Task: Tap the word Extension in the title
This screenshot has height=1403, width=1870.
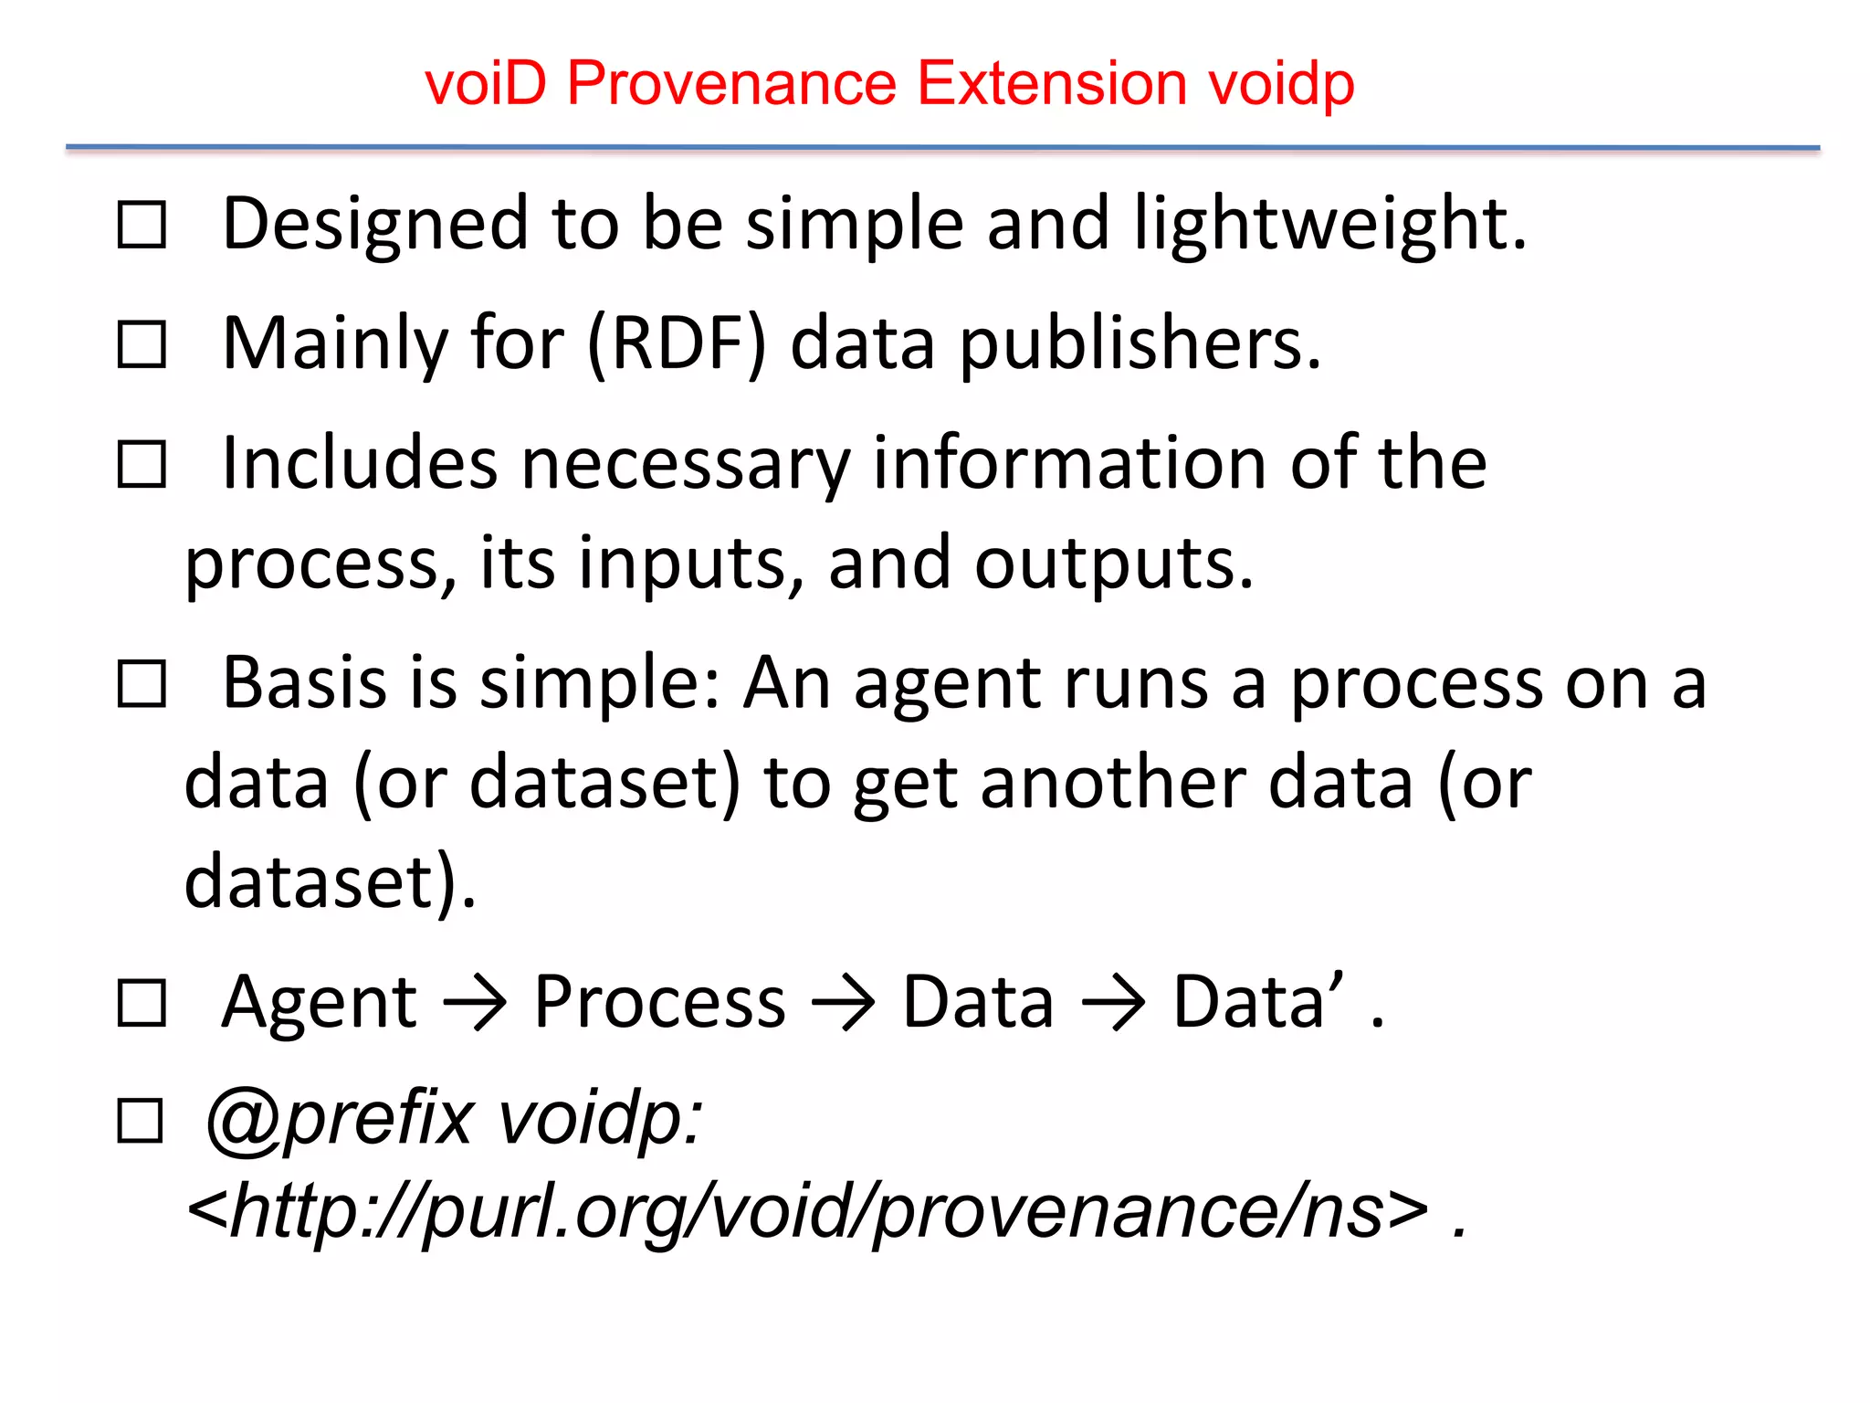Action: (x=1051, y=84)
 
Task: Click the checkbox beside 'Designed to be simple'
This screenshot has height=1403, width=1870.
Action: (x=142, y=226)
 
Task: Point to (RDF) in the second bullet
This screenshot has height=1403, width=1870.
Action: (x=677, y=344)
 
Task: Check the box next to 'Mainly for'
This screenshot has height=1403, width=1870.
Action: (x=142, y=345)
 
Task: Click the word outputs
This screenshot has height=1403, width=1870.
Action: (x=1114, y=564)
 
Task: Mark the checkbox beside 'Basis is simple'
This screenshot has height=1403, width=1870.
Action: (x=142, y=684)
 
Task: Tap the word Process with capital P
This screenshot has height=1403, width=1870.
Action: (x=659, y=1003)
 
